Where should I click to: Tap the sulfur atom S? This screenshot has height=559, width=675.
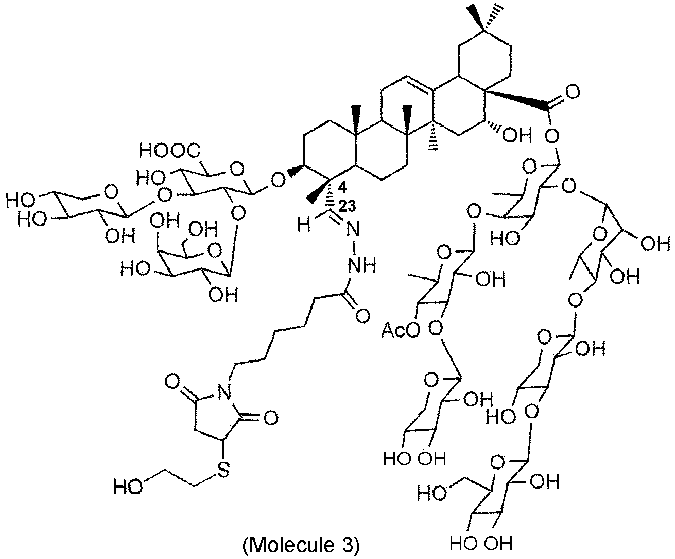pyautogui.click(x=221, y=472)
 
